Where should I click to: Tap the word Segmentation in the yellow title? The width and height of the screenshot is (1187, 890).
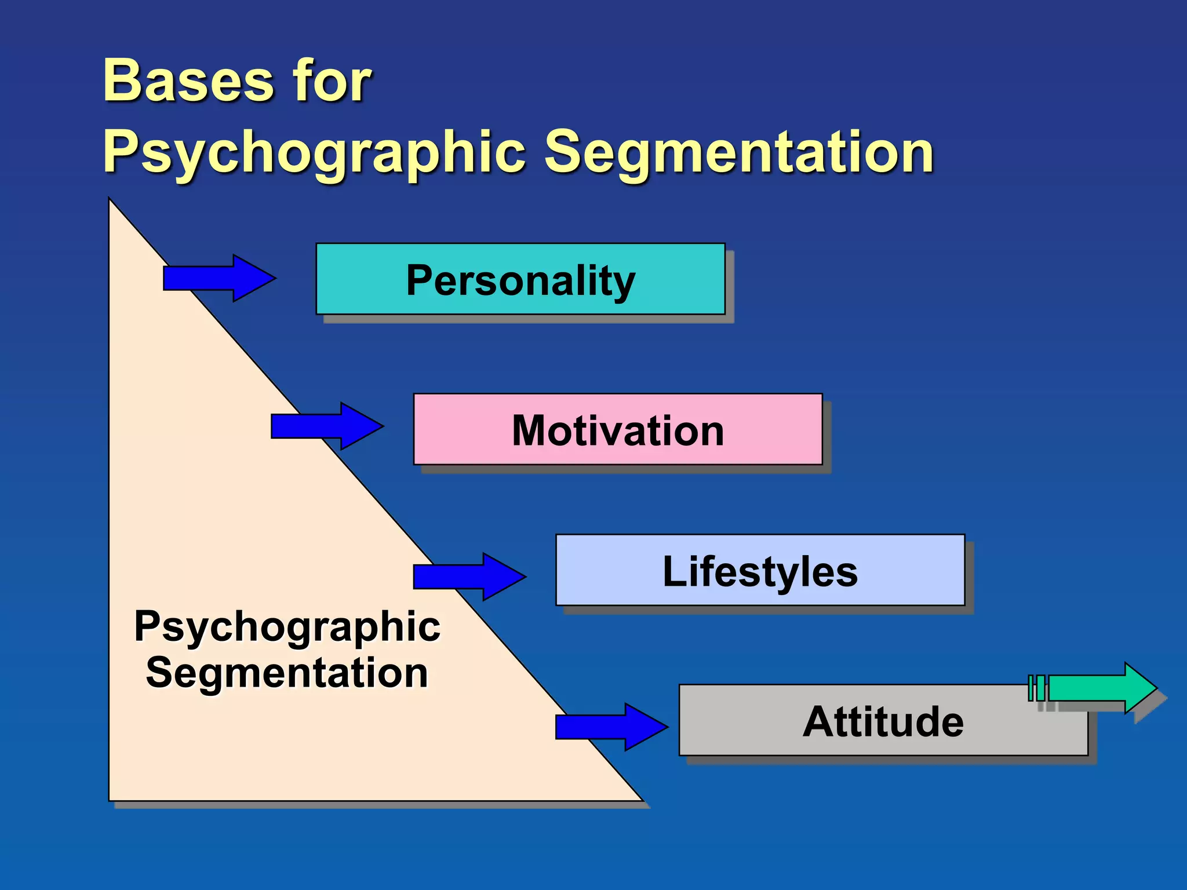739,152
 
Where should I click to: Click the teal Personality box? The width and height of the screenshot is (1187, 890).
520,279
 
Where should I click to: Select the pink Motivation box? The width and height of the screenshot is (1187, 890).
617,430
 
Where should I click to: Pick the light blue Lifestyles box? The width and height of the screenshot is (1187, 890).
760,571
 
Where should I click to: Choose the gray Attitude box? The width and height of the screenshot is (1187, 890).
883,721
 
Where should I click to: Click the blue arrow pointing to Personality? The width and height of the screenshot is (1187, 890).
219,278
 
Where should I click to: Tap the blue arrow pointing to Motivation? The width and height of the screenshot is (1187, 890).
327,426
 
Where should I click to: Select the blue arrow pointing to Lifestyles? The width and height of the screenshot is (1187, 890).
469,577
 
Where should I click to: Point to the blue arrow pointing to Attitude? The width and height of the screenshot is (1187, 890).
611,727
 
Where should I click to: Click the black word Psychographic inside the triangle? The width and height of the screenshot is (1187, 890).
287,627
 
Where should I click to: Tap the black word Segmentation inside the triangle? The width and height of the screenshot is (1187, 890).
287,673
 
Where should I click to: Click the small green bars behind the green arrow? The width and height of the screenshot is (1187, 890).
1036,688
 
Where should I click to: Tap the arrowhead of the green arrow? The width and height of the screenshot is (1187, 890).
1139,688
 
